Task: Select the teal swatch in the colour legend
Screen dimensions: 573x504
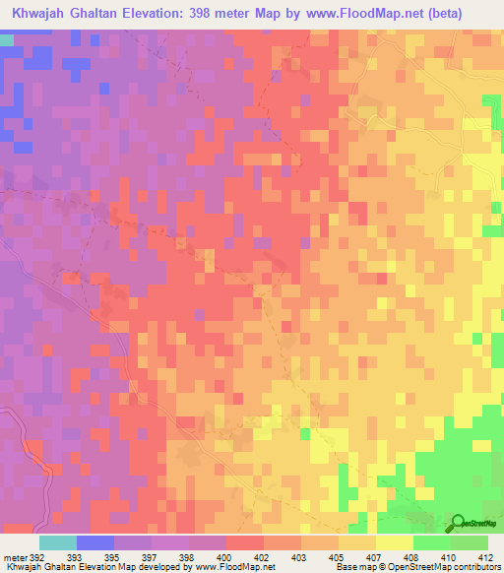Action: tap(58, 541)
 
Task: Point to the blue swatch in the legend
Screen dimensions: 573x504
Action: tap(95, 541)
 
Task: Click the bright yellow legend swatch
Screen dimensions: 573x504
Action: tap(395, 541)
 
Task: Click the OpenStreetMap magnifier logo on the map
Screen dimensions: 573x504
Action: tap(459, 523)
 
